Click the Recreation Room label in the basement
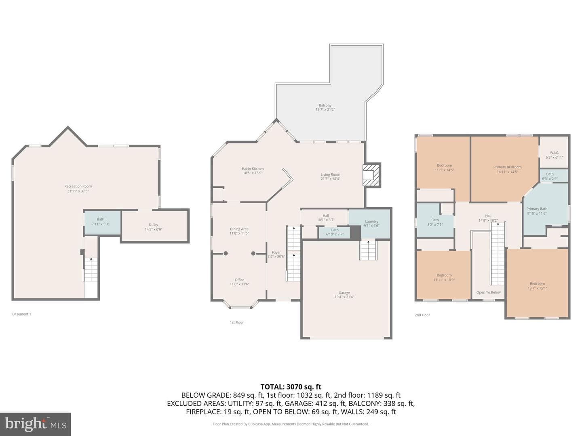[78, 186]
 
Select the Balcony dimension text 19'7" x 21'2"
[325, 109]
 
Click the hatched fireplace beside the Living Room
[372, 175]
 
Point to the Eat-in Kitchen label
[253, 169]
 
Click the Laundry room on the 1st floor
[370, 224]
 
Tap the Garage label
[344, 293]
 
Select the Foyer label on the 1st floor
[276, 252]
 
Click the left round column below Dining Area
[226, 254]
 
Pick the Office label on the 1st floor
[239, 280]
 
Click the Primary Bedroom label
[507, 167]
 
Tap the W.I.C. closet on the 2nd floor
[554, 152]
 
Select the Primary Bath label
[537, 209]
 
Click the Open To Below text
[488, 292]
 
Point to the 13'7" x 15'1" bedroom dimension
[537, 288]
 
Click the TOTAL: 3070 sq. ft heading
[291, 387]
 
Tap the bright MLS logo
[36, 424]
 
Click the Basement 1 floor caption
[21, 314]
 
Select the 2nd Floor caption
[422, 315]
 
